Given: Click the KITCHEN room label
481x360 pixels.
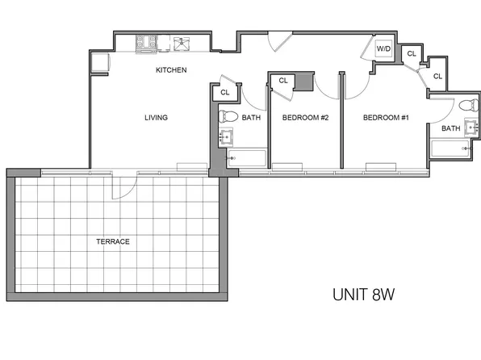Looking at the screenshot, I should point(171,70).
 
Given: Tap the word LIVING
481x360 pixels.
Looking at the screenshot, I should point(156,118).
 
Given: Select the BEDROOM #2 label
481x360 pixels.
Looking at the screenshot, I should point(305,118).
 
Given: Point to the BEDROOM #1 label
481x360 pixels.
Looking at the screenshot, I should point(386,118).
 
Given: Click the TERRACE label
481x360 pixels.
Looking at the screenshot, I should point(113,241).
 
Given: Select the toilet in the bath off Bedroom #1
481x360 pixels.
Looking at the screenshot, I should point(465,107).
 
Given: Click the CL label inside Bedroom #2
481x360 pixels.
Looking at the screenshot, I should point(283,81).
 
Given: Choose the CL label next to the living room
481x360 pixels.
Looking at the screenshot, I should point(224,94).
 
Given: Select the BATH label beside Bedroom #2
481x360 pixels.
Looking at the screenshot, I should point(251,118).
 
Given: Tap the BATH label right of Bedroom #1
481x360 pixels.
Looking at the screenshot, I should point(450,128).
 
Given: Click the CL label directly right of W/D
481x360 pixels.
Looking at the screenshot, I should point(411,53).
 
